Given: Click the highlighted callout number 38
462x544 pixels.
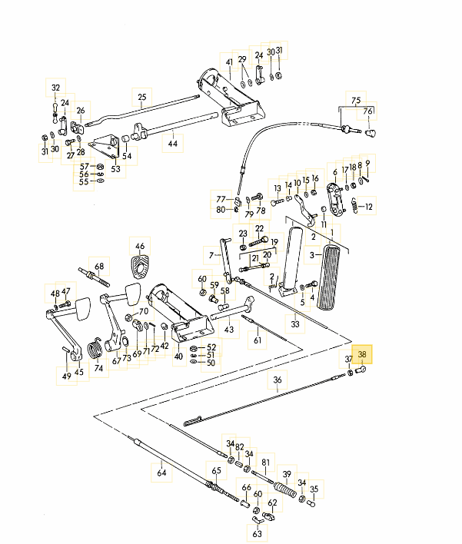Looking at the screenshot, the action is [x=362, y=354].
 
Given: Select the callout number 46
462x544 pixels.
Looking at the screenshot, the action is [x=140, y=247].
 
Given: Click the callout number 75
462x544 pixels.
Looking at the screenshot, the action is [x=356, y=101].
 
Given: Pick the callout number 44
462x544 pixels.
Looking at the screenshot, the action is [x=172, y=143].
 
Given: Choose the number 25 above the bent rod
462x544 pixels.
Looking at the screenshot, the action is [x=142, y=97].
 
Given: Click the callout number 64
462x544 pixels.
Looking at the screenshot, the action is [x=161, y=473].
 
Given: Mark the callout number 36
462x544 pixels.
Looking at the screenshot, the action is [x=278, y=380].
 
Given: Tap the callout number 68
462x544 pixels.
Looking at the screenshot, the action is [x=99, y=266].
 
